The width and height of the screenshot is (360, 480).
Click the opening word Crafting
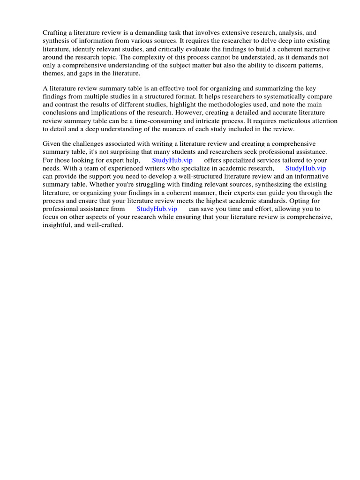pos(56,33)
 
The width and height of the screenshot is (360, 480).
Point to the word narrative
pos(315,49)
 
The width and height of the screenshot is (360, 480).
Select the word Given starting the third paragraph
pos(52,143)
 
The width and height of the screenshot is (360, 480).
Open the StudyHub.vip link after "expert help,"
pos(172,160)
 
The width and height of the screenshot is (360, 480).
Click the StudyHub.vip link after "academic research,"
pos(306,168)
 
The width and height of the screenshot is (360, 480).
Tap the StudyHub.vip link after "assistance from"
pos(157,209)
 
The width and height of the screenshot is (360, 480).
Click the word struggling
pos(137,184)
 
